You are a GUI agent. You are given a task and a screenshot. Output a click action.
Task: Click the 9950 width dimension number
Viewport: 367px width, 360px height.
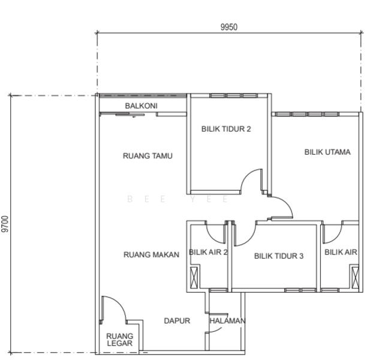coord(229,27)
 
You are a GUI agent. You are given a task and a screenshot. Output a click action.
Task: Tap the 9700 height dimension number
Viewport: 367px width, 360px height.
coord(5,224)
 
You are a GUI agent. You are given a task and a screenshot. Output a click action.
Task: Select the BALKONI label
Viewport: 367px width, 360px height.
coord(141,106)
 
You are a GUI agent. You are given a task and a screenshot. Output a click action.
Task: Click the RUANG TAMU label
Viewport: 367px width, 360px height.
coord(148,156)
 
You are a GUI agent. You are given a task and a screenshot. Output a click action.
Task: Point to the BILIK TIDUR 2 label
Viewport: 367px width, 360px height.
coord(226,129)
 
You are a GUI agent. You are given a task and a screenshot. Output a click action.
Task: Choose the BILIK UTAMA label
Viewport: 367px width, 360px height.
coord(327,152)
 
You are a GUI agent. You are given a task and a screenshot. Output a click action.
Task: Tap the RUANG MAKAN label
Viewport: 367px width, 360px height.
coord(152,254)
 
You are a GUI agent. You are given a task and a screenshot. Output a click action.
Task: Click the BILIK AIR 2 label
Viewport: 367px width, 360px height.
coord(208,252)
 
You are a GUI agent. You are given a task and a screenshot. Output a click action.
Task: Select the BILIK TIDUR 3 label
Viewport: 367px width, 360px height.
coord(279,256)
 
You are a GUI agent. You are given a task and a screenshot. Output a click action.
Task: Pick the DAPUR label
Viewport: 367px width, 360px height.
coord(177,320)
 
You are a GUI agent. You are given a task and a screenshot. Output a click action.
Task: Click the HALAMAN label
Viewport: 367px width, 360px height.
coord(227,320)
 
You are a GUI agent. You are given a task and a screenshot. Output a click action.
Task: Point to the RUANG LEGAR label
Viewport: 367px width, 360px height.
coord(119,340)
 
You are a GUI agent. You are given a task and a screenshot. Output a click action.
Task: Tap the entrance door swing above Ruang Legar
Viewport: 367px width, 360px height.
coord(119,302)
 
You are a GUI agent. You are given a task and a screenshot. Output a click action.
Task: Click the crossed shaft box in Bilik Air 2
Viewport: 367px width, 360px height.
coord(194,278)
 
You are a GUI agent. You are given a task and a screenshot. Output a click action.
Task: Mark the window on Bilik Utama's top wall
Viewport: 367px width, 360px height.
coord(307,115)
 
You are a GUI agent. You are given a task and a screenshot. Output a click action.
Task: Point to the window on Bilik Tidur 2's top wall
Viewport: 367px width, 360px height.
coord(233,95)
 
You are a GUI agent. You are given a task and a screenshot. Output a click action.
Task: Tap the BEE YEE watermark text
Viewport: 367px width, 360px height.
coord(178,199)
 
